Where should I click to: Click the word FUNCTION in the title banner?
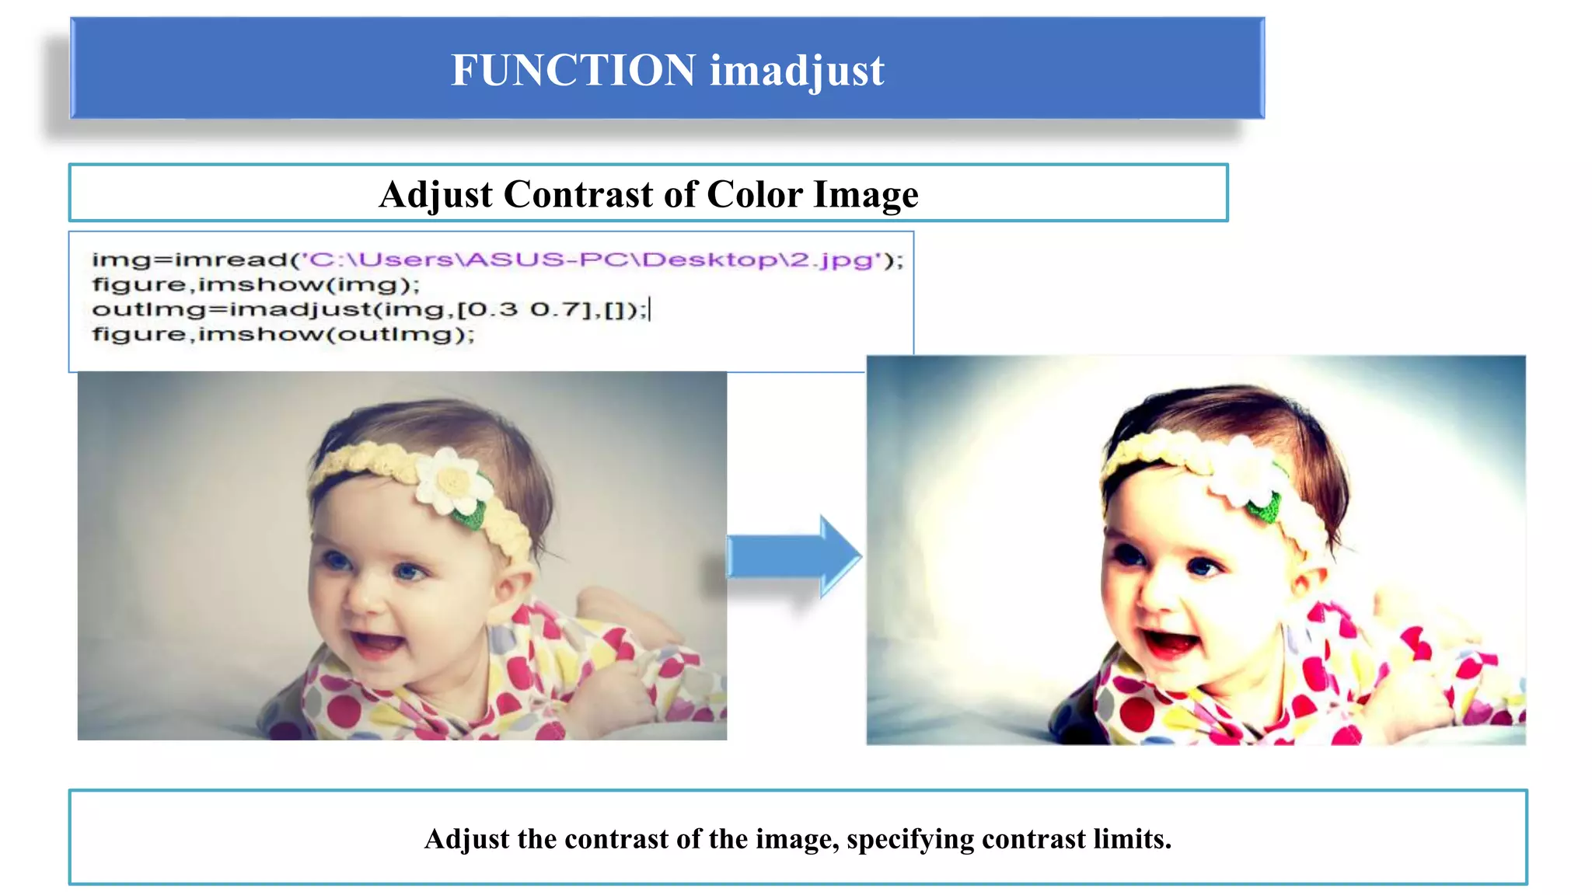tap(573, 70)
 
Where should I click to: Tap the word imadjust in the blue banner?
tap(797, 71)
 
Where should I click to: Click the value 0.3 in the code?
tap(494, 310)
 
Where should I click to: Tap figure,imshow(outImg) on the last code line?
tap(283, 335)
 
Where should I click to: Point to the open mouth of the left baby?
tap(379, 644)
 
